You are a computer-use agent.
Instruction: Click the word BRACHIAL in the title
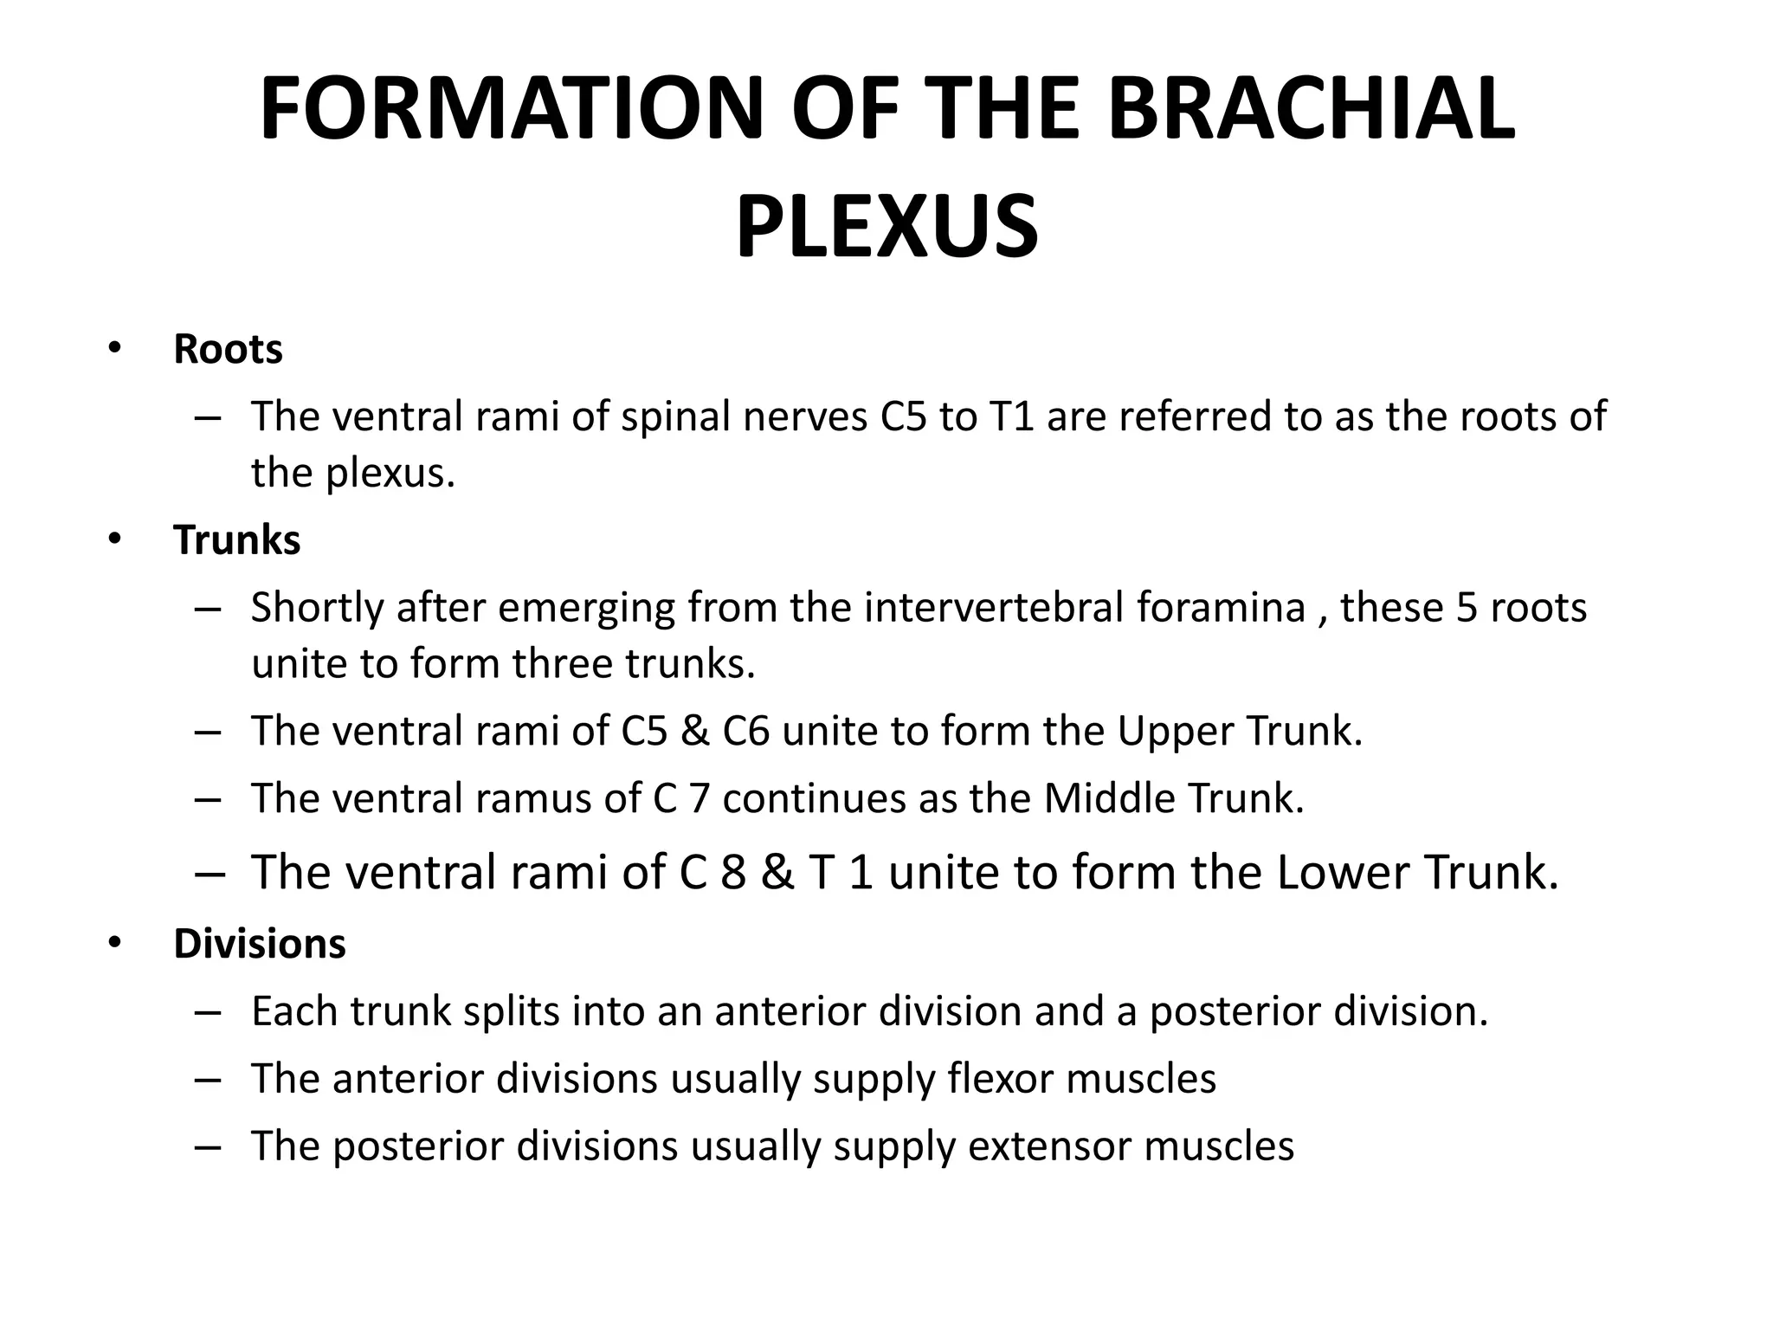1311,109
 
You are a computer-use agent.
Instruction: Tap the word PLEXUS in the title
886,228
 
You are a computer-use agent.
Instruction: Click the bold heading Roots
228,349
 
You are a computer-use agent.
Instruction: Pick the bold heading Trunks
236,540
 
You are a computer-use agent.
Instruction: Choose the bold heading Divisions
259,943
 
